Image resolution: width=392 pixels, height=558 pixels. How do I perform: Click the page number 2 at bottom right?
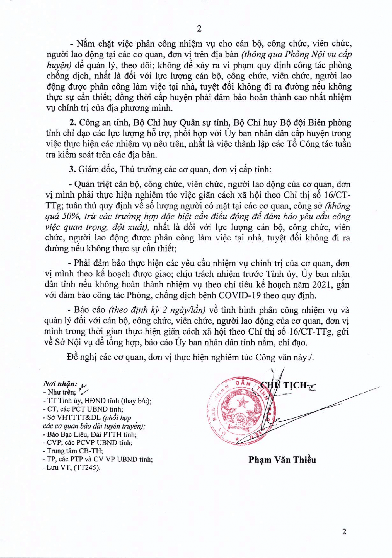click(344, 531)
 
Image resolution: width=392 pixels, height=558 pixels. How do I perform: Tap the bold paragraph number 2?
click(72, 123)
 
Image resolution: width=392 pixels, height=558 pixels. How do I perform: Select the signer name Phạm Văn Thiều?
click(282, 460)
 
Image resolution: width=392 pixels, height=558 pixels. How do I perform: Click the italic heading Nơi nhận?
click(60, 383)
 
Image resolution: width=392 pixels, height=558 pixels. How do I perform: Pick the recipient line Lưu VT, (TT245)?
click(72, 468)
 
